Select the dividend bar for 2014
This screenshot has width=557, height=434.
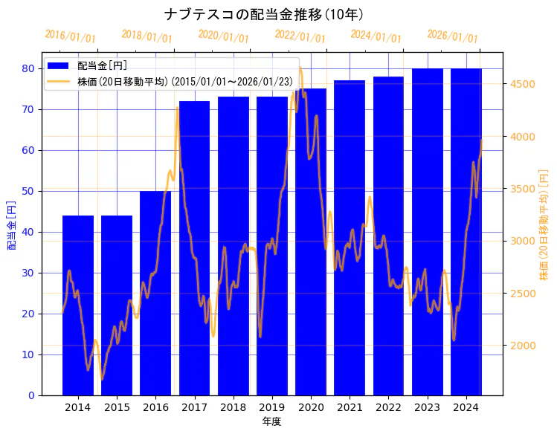(x=78, y=305)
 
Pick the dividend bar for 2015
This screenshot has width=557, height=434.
(x=117, y=305)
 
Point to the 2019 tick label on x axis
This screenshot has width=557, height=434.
(x=272, y=408)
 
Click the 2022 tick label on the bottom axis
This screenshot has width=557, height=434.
(x=388, y=408)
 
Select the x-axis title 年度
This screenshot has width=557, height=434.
(x=271, y=421)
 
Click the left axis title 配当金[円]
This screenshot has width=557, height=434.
(x=12, y=224)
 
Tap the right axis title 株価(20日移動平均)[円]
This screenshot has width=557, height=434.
(x=544, y=224)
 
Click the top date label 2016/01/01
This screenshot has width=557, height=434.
(x=70, y=36)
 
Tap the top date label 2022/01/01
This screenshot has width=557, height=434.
(x=300, y=36)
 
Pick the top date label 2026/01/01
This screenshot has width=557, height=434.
(x=452, y=36)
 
